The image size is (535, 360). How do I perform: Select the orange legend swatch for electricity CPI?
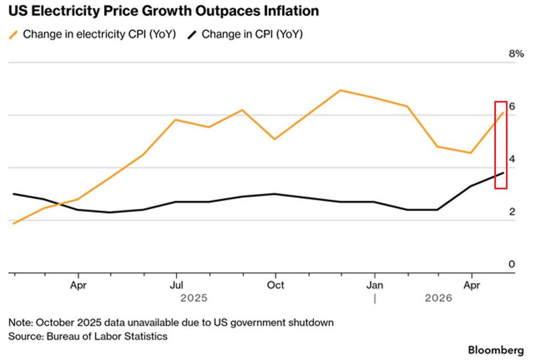click(13, 35)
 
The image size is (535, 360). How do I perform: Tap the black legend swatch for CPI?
click(192, 35)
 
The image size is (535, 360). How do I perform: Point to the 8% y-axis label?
click(516, 54)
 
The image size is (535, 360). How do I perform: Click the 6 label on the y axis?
click(512, 106)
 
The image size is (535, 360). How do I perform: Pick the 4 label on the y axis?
click(512, 159)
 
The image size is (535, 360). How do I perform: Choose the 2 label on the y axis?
click(512, 212)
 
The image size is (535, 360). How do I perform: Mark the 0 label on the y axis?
click(512, 264)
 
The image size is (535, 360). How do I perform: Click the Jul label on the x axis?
click(176, 285)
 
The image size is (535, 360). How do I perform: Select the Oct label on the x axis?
click(275, 285)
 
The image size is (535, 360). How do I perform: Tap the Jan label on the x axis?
click(375, 285)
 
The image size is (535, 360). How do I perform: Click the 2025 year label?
click(194, 298)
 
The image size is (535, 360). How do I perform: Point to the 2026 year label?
click(438, 298)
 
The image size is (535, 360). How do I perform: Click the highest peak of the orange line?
click(340, 91)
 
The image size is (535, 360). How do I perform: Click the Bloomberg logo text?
click(496, 350)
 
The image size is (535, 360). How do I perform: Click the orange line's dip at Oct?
click(275, 139)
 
